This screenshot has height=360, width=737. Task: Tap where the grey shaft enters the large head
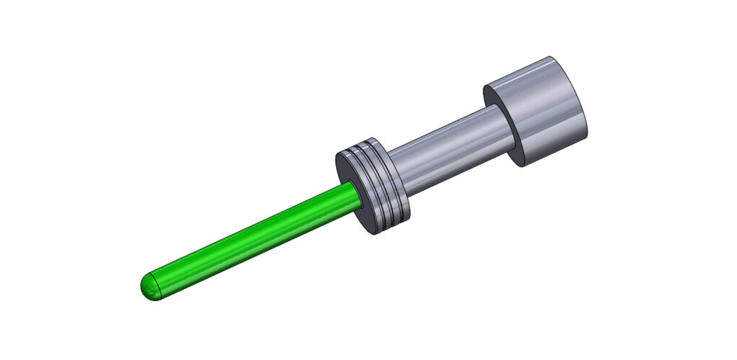pyautogui.click(x=504, y=119)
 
